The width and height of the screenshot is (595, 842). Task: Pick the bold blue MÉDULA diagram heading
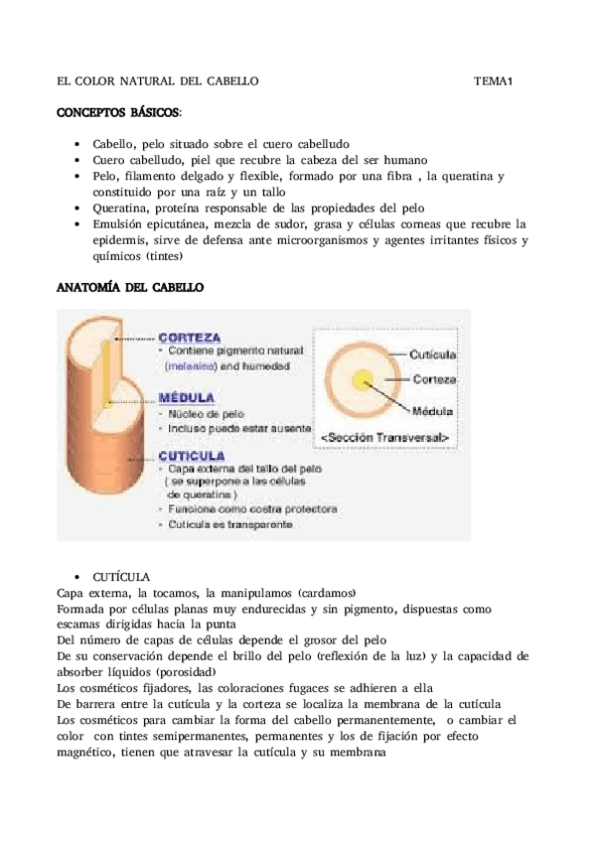pyautogui.click(x=185, y=394)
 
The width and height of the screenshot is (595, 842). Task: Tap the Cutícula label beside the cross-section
pyautogui.click(x=433, y=353)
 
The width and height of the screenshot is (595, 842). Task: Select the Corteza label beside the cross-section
pyautogui.click(x=434, y=379)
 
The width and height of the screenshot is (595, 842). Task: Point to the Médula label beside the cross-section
pyautogui.click(x=433, y=408)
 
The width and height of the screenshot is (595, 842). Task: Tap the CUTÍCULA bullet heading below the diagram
pyautogui.click(x=121, y=576)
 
